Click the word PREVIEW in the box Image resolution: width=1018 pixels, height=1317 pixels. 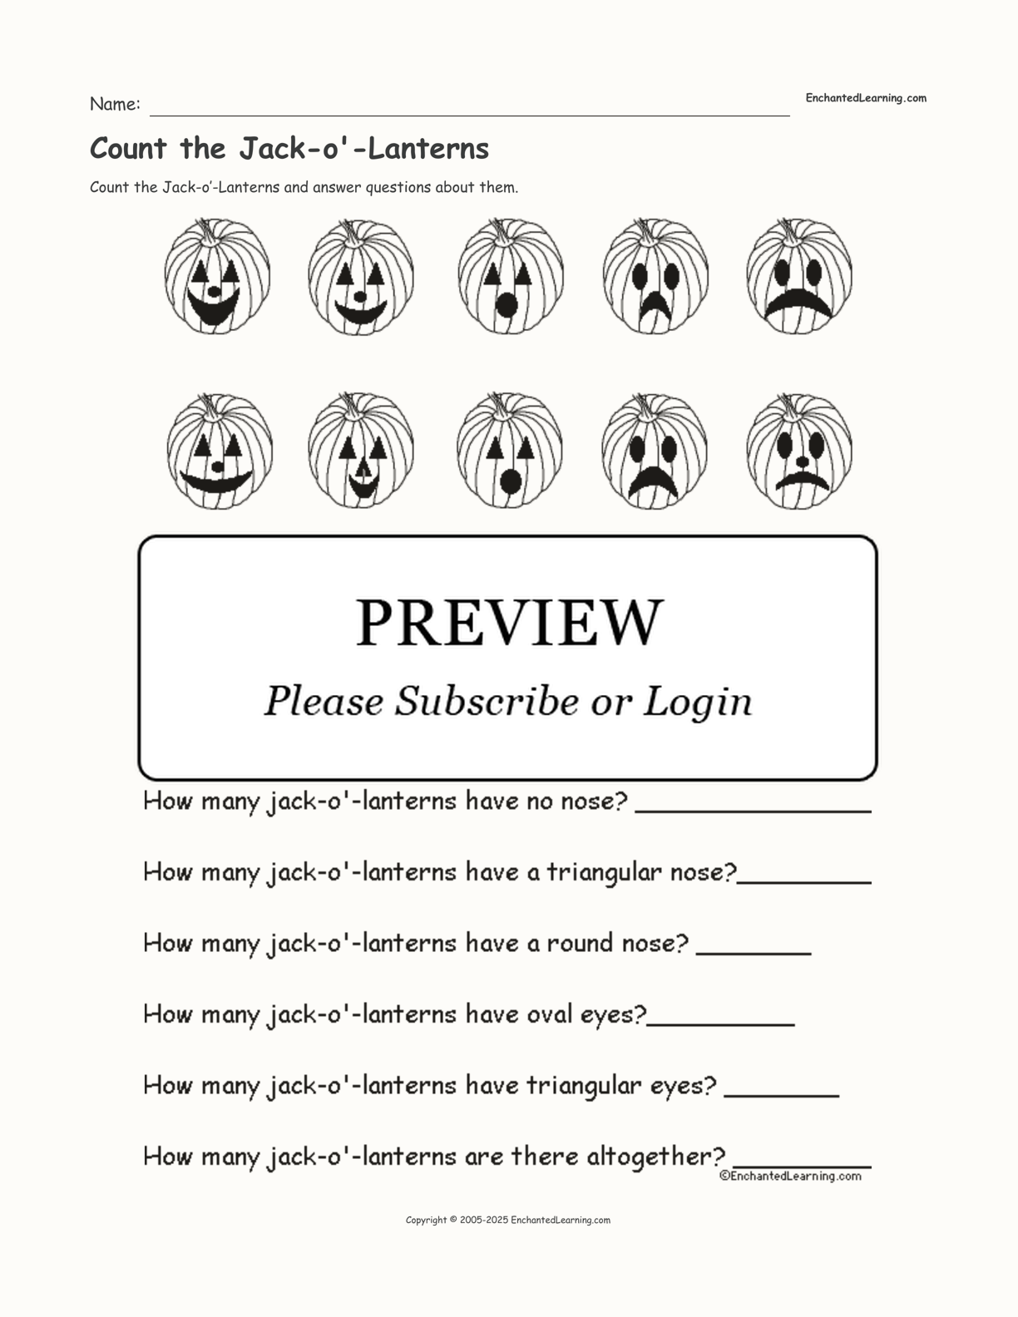pyautogui.click(x=509, y=623)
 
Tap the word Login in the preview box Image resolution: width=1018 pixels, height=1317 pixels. pyautogui.click(x=698, y=703)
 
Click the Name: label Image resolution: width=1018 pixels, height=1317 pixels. pyautogui.click(x=115, y=105)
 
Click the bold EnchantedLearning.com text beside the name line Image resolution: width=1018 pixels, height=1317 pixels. pyautogui.click(x=865, y=98)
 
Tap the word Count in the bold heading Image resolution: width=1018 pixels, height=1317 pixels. pyautogui.click(x=128, y=149)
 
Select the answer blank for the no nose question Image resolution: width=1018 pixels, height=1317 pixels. pyautogui.click(x=753, y=809)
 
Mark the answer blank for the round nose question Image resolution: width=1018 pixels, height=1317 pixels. pyautogui.click(x=753, y=953)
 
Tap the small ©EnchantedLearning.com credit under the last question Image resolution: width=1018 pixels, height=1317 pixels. pyautogui.click(x=790, y=1176)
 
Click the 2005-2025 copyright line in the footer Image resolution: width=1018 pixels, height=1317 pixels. pyautogui.click(x=507, y=1220)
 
